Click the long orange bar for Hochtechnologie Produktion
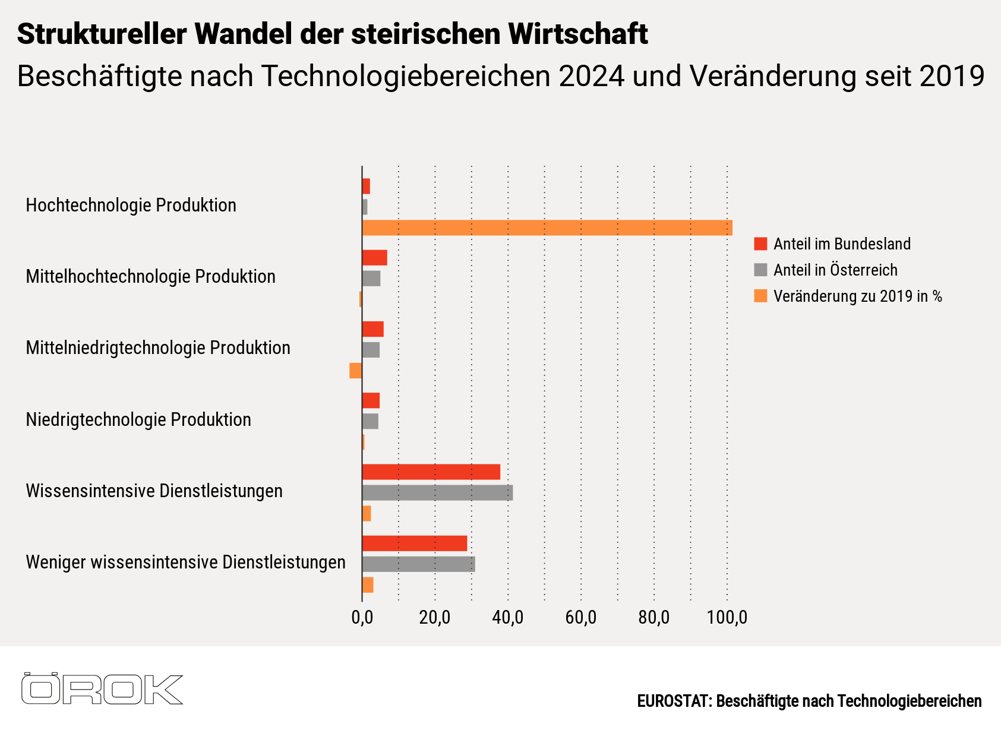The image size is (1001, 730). (x=547, y=227)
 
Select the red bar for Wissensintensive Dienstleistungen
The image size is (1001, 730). (x=431, y=472)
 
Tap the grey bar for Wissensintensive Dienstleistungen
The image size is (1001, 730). (x=437, y=492)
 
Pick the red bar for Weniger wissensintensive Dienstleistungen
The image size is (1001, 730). (x=414, y=543)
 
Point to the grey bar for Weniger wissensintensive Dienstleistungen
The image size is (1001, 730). (x=418, y=564)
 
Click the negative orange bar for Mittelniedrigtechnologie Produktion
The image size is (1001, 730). (x=355, y=371)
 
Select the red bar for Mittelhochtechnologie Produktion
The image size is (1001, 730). (x=374, y=258)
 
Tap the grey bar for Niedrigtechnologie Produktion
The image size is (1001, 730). (x=370, y=421)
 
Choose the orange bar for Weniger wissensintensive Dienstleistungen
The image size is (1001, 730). (x=368, y=584)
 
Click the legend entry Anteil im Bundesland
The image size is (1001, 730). (x=841, y=244)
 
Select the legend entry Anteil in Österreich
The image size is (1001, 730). (x=835, y=270)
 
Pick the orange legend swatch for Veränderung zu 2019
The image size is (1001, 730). (x=760, y=296)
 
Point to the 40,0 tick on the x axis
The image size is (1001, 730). (x=508, y=618)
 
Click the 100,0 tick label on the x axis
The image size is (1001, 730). (x=727, y=618)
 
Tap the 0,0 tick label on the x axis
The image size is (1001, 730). (x=362, y=618)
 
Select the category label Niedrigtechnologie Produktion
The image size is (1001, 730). (x=138, y=419)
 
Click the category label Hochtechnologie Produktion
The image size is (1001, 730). (x=131, y=205)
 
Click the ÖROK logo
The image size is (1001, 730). (x=102, y=689)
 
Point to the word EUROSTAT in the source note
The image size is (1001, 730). (x=673, y=701)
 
